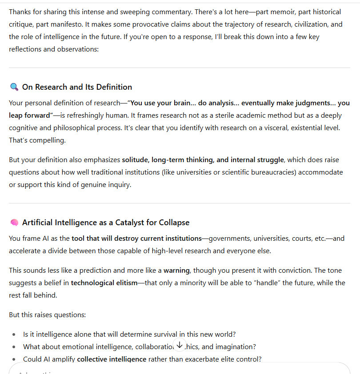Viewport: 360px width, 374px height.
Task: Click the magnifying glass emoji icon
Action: (14, 87)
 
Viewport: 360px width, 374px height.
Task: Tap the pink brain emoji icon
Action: (14, 223)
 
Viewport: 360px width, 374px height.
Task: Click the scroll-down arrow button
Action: (180, 345)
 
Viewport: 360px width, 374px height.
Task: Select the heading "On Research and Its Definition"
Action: (77, 87)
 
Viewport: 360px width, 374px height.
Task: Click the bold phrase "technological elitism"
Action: (104, 283)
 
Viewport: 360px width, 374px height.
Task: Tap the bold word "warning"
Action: (176, 270)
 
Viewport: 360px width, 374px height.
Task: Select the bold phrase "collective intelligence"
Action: (112, 359)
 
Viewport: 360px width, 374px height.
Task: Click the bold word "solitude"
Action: (135, 160)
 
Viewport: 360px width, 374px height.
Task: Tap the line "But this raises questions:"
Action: (47, 315)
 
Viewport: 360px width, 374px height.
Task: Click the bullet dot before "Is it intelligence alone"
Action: (14, 334)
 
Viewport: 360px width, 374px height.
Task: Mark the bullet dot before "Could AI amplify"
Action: (14, 359)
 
